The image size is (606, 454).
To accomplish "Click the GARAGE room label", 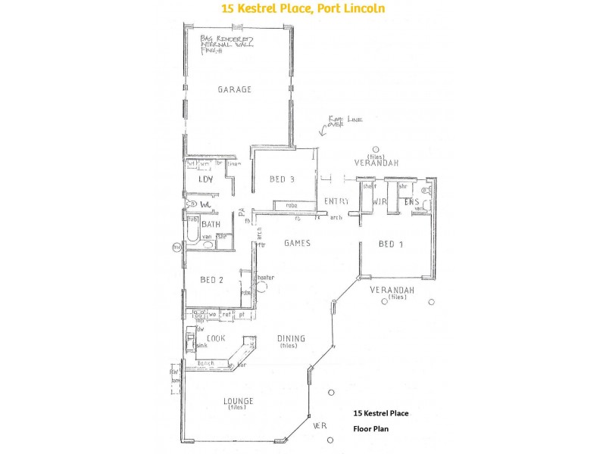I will [x=234, y=89].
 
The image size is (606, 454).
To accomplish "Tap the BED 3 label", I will [x=282, y=179].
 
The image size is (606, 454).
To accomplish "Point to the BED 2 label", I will [x=211, y=280].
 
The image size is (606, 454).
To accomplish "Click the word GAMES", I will [x=298, y=243].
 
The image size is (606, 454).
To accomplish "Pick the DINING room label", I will [x=291, y=339].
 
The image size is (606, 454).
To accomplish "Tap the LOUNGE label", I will [x=239, y=400].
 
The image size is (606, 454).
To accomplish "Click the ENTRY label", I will [x=336, y=201].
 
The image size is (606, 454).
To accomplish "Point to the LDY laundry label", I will [x=205, y=179].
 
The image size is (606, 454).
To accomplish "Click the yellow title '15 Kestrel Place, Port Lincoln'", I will [x=302, y=9].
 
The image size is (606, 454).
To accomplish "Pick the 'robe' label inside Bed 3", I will [x=290, y=205].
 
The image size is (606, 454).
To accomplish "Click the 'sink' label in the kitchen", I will [x=201, y=345].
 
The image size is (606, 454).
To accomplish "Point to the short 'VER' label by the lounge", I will [x=320, y=425].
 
